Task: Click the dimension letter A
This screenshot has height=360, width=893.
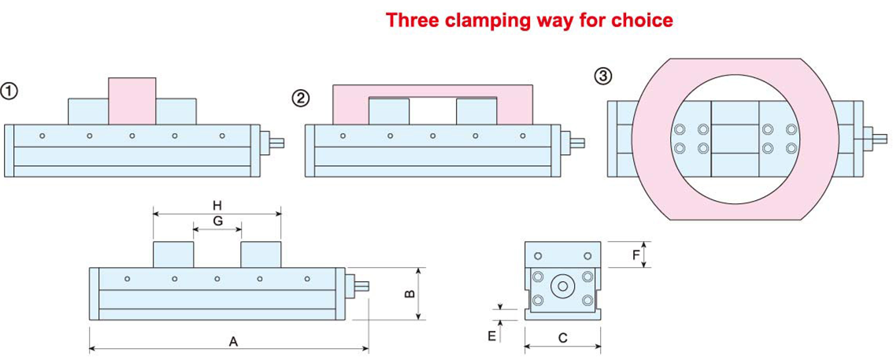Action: point(232,341)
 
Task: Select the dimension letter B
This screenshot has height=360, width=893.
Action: point(409,294)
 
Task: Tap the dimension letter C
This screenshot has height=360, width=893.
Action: point(562,338)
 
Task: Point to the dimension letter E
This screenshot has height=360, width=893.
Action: point(491,336)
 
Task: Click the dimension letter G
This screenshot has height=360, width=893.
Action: point(217,221)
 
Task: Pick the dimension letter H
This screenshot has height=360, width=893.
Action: point(217,205)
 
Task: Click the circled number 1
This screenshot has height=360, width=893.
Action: point(9,91)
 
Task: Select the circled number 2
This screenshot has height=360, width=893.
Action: point(301,98)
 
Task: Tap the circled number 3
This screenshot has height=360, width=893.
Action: point(602,76)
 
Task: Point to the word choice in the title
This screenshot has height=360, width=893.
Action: point(644,20)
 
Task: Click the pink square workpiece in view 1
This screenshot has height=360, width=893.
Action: point(132,100)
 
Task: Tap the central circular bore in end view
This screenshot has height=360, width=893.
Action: point(563,286)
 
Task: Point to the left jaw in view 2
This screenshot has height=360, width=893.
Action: point(389,111)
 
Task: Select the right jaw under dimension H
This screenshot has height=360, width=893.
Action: point(261,254)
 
